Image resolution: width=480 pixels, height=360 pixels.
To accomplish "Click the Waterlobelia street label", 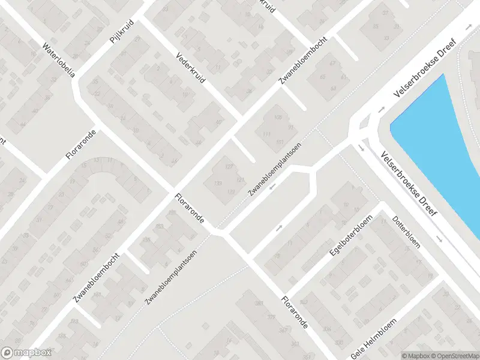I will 58,60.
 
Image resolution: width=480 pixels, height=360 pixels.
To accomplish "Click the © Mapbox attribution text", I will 416,355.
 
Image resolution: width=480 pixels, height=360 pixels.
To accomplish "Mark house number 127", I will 229,166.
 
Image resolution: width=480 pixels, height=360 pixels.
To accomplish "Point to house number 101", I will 280,142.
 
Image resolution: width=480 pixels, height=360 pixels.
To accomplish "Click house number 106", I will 277,116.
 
